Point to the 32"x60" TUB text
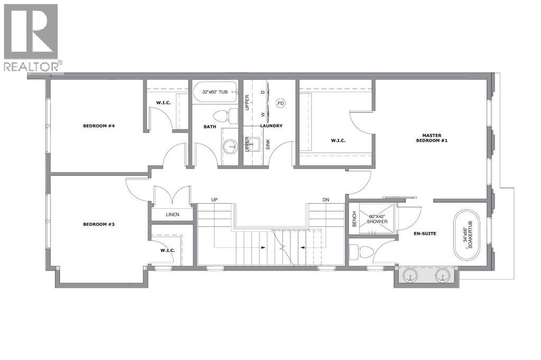(215, 92)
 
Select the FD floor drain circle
(281, 103)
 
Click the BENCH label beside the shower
(355, 219)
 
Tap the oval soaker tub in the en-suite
(467, 236)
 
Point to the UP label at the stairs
(214, 200)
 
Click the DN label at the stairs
(327, 200)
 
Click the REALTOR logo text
(31, 66)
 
